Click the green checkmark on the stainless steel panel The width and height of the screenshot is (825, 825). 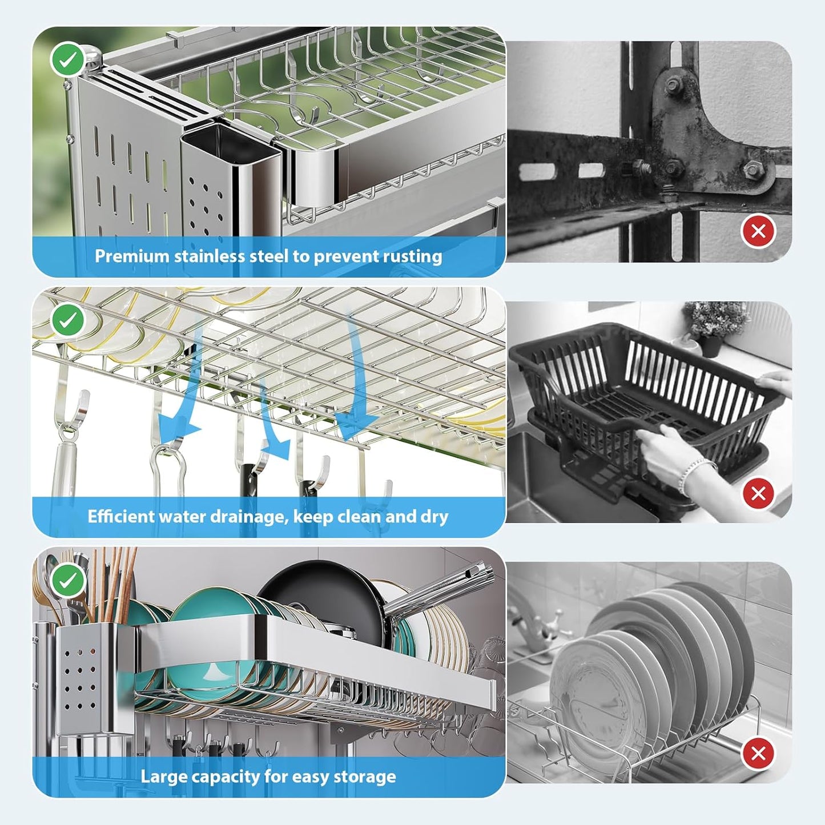pyautogui.click(x=68, y=59)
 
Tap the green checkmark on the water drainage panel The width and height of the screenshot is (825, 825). pyautogui.click(x=68, y=320)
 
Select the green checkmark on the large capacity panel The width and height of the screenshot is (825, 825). pyautogui.click(x=68, y=581)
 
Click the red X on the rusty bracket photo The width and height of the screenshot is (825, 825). pyautogui.click(x=758, y=231)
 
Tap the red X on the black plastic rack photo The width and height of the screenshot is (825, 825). pyautogui.click(x=758, y=493)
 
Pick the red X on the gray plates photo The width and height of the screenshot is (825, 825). pyautogui.click(x=758, y=754)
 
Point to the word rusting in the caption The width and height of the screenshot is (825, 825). pyautogui.click(x=412, y=256)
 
